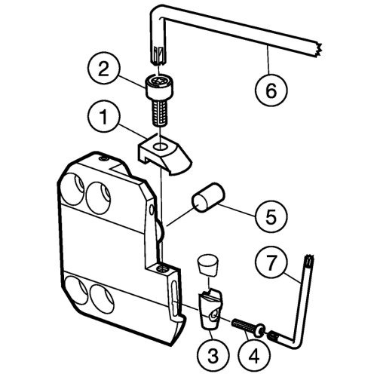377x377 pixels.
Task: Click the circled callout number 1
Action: (x=104, y=117)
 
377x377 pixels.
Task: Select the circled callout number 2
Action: (x=104, y=69)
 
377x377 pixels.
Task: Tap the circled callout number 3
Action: (x=213, y=355)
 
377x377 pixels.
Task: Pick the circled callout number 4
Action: (x=255, y=355)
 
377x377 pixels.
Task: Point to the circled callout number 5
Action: (x=271, y=216)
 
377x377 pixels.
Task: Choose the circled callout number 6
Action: (x=271, y=90)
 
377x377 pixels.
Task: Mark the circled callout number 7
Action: (x=271, y=262)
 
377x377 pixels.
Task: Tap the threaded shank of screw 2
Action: (x=160, y=112)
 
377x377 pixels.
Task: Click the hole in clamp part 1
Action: (x=161, y=146)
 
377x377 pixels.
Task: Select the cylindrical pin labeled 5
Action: (x=208, y=198)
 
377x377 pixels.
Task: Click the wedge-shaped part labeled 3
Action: (x=210, y=309)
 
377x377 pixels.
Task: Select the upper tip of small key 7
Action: (x=309, y=259)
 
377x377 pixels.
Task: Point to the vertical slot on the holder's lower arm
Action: (x=174, y=293)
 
